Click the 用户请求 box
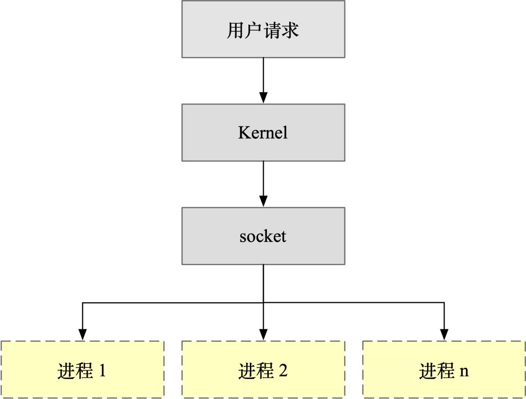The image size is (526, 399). click(263, 29)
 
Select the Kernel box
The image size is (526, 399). click(263, 132)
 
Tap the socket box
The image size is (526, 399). click(263, 236)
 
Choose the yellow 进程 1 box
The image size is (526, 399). click(82, 370)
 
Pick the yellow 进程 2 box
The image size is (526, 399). click(263, 370)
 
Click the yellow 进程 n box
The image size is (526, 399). click(444, 370)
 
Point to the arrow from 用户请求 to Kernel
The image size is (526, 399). click(263, 80)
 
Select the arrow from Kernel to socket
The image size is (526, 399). click(263, 184)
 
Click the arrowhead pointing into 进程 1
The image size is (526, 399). click(82, 335)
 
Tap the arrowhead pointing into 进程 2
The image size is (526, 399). click(263, 335)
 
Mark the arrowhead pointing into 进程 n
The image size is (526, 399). click(444, 335)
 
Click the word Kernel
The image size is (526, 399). click(263, 133)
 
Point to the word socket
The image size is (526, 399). click(263, 236)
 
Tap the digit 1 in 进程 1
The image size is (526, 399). click(102, 371)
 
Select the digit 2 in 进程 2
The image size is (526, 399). click(283, 371)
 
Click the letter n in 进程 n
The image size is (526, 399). click(464, 372)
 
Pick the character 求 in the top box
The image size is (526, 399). click(290, 30)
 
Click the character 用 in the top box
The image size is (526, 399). click(235, 30)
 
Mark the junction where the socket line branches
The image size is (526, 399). click(263, 303)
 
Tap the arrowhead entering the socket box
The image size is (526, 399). click(263, 201)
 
